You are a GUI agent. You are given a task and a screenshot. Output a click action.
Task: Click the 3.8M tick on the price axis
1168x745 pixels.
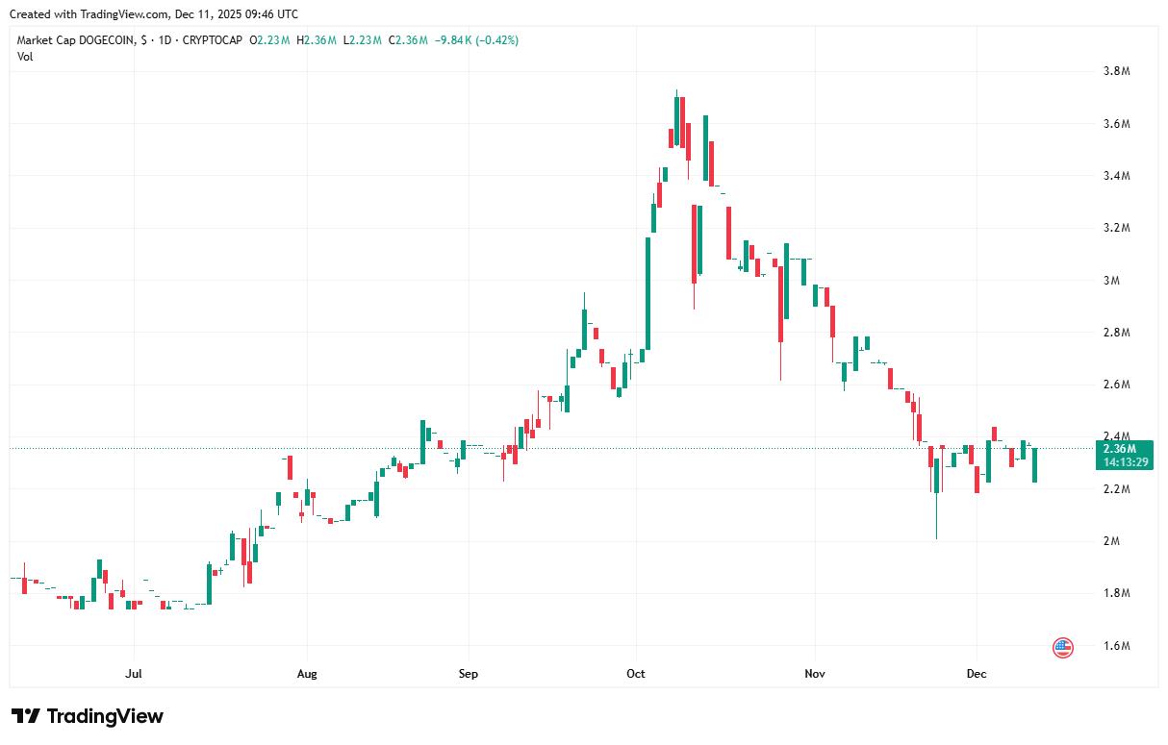pyautogui.click(x=1116, y=72)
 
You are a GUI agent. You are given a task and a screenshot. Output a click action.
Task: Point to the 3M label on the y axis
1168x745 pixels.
pyautogui.click(x=1111, y=281)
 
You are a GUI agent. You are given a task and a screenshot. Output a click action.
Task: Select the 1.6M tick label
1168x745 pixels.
pyautogui.click(x=1116, y=645)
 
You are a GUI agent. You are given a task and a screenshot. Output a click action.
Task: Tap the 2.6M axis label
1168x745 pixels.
pyautogui.click(x=1116, y=385)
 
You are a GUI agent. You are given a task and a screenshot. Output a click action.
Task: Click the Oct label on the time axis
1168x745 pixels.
pyautogui.click(x=635, y=674)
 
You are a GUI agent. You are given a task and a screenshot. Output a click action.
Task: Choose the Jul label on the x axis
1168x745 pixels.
pyautogui.click(x=134, y=674)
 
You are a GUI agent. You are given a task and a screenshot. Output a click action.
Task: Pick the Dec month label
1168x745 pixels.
pyautogui.click(x=977, y=674)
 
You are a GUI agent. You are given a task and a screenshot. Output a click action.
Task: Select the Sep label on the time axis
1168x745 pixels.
pyautogui.click(x=469, y=674)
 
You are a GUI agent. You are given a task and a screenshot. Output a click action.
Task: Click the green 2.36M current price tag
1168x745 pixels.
pyautogui.click(x=1120, y=449)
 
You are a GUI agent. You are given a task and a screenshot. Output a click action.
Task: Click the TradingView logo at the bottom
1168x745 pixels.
pyautogui.click(x=88, y=716)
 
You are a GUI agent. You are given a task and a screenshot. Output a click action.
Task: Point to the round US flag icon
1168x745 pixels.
pyautogui.click(x=1063, y=648)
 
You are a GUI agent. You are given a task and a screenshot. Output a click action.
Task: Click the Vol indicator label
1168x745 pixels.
pyautogui.click(x=25, y=56)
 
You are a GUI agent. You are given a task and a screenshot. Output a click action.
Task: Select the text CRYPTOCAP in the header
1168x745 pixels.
pyautogui.click(x=212, y=40)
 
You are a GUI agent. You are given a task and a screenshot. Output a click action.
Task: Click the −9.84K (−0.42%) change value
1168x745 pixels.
pyautogui.click(x=477, y=40)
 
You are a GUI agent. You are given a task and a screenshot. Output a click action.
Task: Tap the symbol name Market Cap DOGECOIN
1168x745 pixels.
pyautogui.click(x=76, y=40)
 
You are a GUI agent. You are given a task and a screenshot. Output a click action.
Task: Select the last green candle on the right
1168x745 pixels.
pyautogui.click(x=1035, y=464)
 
